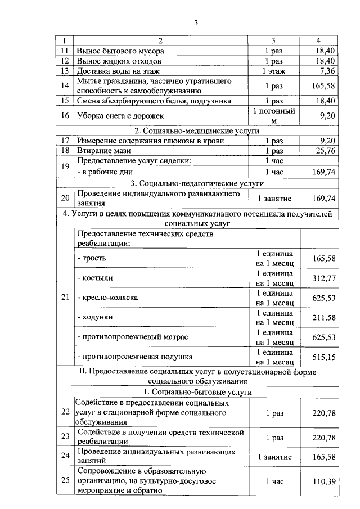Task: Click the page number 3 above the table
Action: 196,23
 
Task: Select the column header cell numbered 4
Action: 318,40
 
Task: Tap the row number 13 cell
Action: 65,71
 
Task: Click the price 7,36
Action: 326,71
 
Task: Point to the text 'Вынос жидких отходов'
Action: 119,61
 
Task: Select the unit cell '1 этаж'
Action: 274,71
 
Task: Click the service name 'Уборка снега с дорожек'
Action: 120,115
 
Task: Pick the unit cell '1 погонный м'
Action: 274,115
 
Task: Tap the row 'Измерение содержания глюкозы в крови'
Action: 150,141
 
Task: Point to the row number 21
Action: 65,298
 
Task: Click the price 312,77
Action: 323,278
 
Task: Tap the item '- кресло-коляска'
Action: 107,298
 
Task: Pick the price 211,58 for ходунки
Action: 323,318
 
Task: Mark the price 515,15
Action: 323,357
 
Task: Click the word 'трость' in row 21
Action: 93,258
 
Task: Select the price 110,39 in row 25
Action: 323,480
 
